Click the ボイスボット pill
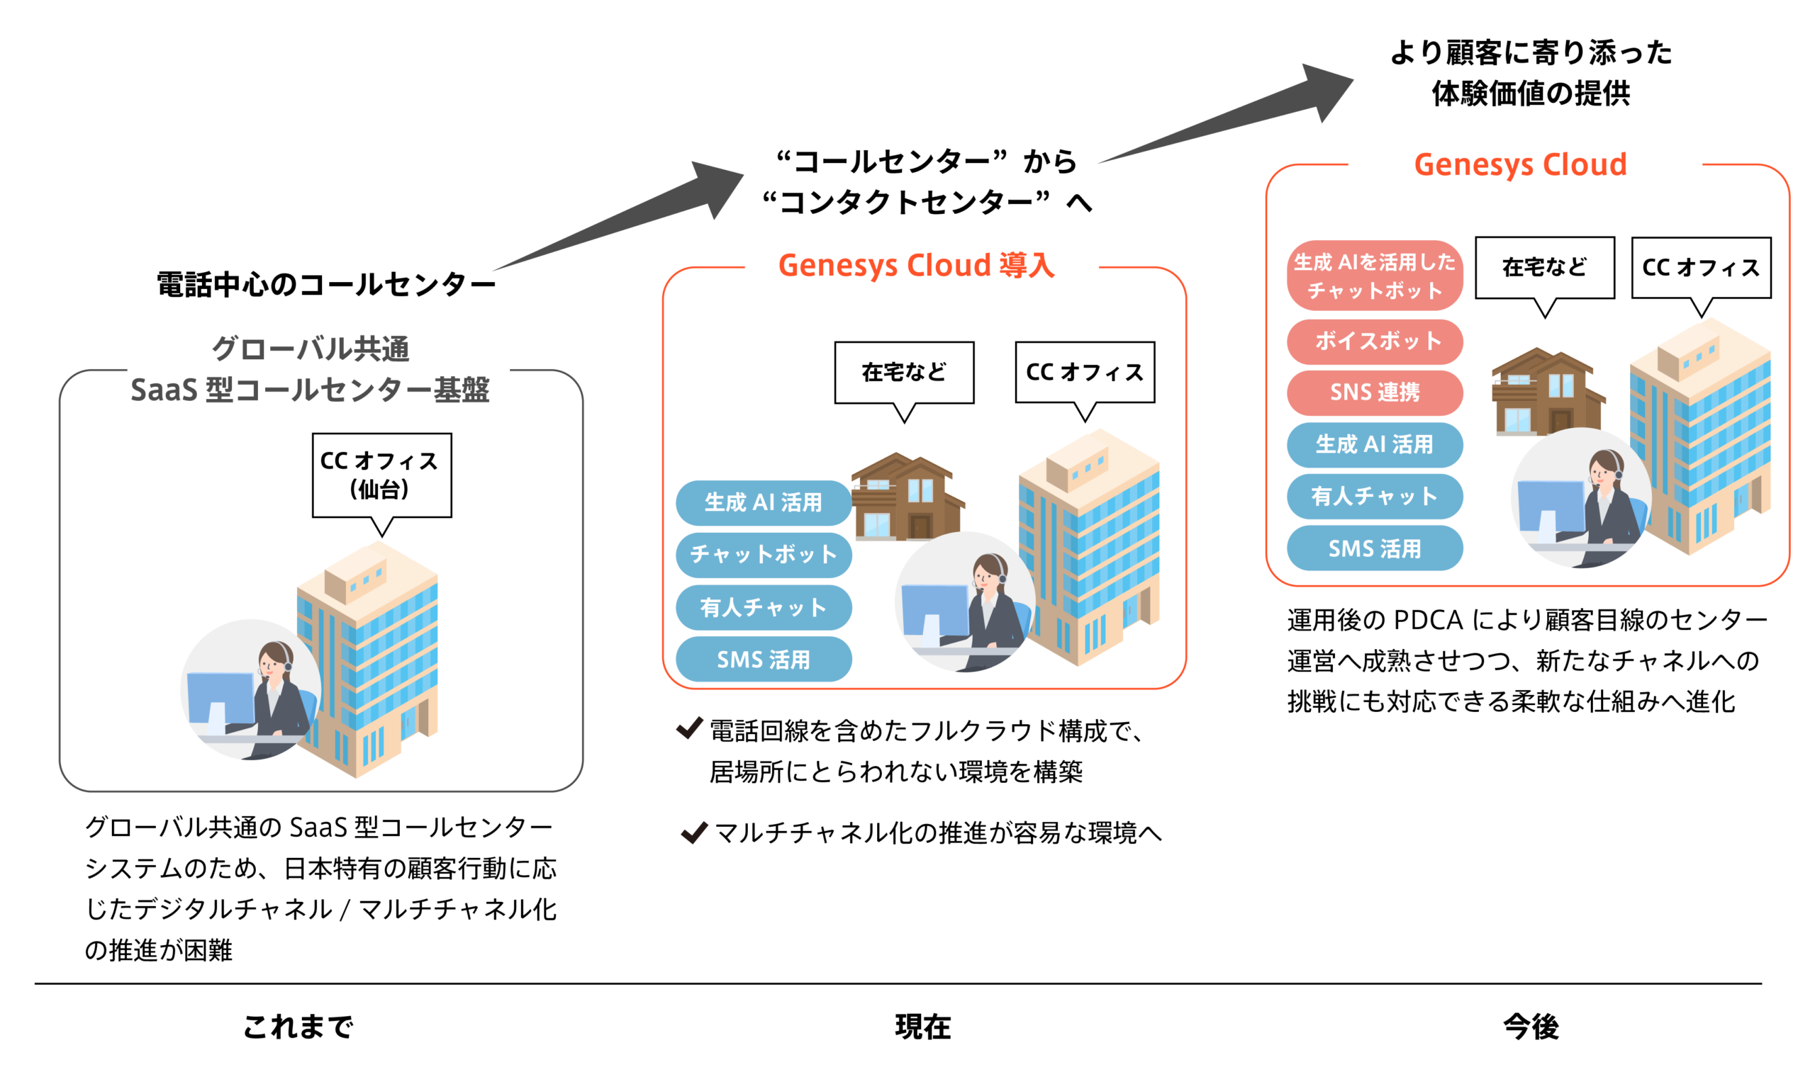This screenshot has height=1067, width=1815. pyautogui.click(x=1374, y=341)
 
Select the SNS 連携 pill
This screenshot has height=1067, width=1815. pyautogui.click(x=1374, y=393)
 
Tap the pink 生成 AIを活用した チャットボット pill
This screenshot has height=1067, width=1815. pyautogui.click(x=1374, y=276)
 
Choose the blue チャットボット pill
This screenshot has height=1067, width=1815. pyautogui.click(x=764, y=554)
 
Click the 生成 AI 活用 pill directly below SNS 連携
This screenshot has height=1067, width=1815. pyautogui.click(x=1374, y=445)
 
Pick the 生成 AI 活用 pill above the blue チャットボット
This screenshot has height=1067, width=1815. pyautogui.click(x=764, y=502)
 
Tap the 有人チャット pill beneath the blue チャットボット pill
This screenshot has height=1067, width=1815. pyautogui.click(x=764, y=608)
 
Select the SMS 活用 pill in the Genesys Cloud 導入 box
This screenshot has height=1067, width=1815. pyautogui.click(x=764, y=660)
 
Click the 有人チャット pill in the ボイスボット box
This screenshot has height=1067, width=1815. pyautogui.click(x=1374, y=496)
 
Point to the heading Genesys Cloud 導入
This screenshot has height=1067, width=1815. pyautogui.click(x=916, y=266)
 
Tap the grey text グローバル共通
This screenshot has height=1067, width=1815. pyautogui.click(x=311, y=349)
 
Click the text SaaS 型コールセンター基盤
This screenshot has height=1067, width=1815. pyautogui.click(x=311, y=390)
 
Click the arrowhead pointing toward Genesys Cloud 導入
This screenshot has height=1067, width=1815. pyautogui.click(x=717, y=187)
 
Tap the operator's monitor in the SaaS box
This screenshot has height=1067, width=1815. pyautogui.click(x=220, y=702)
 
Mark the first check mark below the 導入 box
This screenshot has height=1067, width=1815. pyautogui.click(x=689, y=728)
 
